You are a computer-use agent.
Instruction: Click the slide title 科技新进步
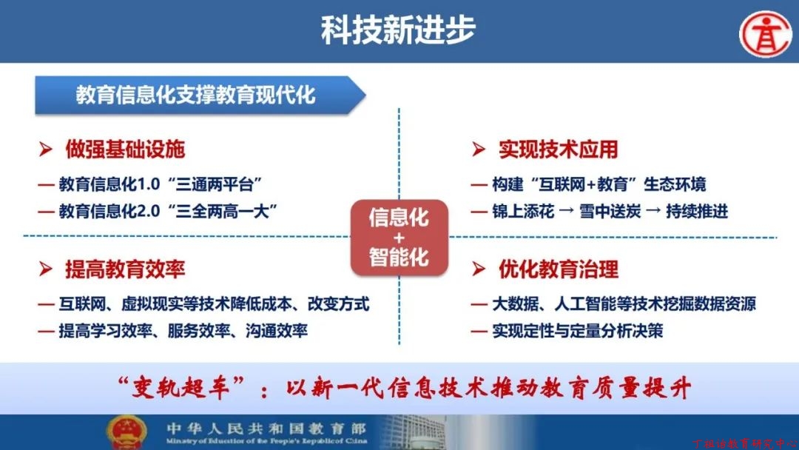[x=398, y=30]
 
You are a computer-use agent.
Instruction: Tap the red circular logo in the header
[x=766, y=33]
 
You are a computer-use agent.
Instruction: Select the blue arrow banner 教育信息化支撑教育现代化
[x=200, y=95]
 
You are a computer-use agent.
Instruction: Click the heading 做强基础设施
[x=125, y=150]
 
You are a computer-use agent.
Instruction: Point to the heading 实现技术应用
[x=558, y=150]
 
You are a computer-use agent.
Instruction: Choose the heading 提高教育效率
[x=125, y=269]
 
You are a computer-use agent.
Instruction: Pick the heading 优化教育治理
[x=559, y=269]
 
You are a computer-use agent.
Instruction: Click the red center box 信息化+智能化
[x=399, y=238]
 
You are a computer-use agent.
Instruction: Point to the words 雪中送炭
[x=610, y=211]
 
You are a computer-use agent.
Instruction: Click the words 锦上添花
[x=523, y=211]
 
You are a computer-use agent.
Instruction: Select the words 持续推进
[x=697, y=211]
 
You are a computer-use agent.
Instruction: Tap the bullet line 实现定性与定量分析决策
[x=577, y=332]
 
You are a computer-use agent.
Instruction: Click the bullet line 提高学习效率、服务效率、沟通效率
[x=183, y=332]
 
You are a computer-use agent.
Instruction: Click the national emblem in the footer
[x=127, y=432]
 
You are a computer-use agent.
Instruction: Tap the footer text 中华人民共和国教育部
[x=266, y=429]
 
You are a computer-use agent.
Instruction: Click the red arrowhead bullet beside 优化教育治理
[x=478, y=269]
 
